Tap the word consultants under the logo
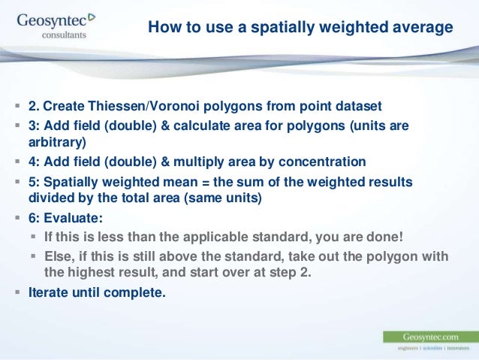coord(64,35)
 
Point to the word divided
coord(50,199)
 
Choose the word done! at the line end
coord(385,237)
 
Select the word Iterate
coord(49,292)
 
